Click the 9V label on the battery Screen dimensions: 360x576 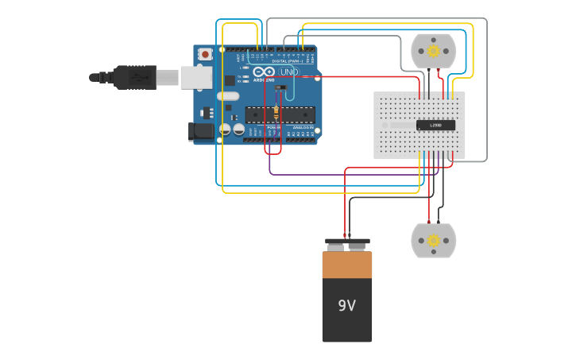tap(346, 306)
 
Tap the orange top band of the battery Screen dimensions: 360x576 tap(346, 265)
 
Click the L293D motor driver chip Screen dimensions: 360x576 tap(435, 125)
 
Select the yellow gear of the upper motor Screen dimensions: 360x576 tap(433, 51)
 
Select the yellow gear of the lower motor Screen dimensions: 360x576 tap(433, 240)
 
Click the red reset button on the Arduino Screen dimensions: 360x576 tap(206, 54)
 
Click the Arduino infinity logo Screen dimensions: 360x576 tap(265, 72)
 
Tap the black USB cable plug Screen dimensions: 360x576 tap(134, 77)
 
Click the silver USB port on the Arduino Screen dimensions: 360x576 tap(196, 77)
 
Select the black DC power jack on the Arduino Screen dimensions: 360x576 tap(201, 132)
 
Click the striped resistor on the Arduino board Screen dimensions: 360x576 tap(276, 111)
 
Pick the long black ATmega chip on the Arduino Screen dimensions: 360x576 tap(280, 114)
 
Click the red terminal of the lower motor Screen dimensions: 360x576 tap(429, 222)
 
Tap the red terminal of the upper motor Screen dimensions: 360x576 tap(429, 71)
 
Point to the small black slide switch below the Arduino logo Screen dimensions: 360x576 tap(280, 87)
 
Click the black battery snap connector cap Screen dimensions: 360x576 tap(347, 242)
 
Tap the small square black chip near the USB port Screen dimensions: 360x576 tap(230, 80)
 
